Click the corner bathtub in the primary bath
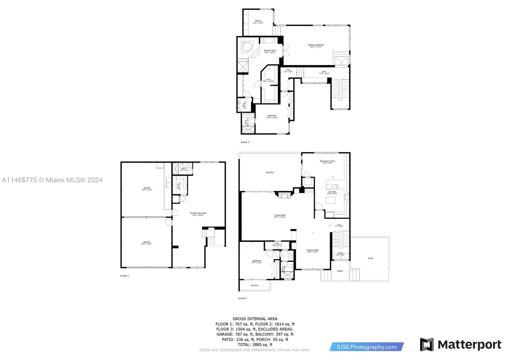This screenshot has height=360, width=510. click(x=247, y=48)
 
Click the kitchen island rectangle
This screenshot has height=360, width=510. click(x=331, y=200)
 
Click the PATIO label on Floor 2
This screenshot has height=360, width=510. click(x=370, y=258)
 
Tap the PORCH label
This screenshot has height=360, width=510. click(x=340, y=271)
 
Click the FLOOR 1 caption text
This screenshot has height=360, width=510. click(x=124, y=276)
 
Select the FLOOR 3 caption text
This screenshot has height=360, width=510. click(x=245, y=142)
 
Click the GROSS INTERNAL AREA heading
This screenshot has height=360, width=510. click(x=255, y=319)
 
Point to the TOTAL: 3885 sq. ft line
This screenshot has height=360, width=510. click(x=255, y=344)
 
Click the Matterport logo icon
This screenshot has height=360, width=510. click(x=427, y=344)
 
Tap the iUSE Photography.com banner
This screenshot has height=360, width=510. click(x=367, y=347)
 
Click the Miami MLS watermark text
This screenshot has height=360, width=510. click(x=52, y=180)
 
